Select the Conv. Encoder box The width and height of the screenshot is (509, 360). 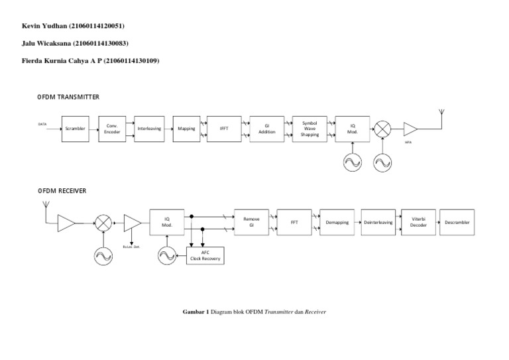tap(111, 129)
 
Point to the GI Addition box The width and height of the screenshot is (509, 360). tap(266, 129)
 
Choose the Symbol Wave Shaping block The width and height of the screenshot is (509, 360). tap(310, 129)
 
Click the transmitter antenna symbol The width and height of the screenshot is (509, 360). tap(441, 114)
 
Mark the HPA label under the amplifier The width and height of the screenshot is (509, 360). tap(409, 141)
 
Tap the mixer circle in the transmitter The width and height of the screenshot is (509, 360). tap(382, 129)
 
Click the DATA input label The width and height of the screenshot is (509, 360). tap(42, 123)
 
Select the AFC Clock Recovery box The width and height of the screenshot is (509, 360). tap(205, 256)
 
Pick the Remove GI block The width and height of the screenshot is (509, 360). tap(251, 222)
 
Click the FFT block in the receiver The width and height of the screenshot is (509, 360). tap(294, 222)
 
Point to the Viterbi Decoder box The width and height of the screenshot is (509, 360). tap(418, 222)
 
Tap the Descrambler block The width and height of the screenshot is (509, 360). tap(457, 222)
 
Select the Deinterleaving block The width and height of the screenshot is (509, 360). tap(378, 222)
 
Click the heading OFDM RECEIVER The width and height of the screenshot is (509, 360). tap(62, 191)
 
